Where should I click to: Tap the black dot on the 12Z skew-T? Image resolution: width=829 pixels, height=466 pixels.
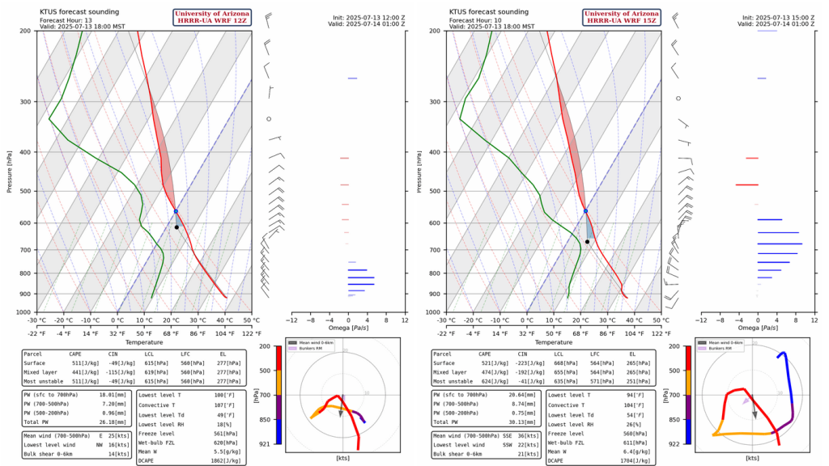click(176, 227)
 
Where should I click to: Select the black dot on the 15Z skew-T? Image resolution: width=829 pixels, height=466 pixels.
click(587, 241)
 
